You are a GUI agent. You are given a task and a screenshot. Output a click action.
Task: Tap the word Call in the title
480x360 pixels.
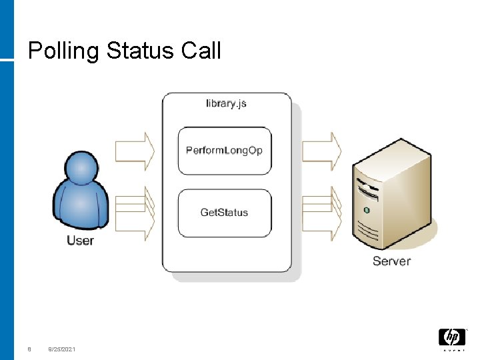tap(200, 51)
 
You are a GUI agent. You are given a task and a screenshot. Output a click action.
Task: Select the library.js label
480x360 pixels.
tap(227, 104)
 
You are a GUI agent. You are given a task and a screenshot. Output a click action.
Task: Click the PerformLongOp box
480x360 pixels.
tap(225, 151)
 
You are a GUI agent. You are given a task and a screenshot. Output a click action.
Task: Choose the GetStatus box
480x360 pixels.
tap(225, 213)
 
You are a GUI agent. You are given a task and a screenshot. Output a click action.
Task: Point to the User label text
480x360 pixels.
tap(81, 241)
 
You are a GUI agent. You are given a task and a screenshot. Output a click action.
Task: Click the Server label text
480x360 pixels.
tap(391, 261)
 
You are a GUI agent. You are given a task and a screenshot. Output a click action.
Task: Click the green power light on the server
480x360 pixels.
tap(366, 209)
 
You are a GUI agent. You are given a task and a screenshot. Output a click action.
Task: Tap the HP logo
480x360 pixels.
tap(452, 338)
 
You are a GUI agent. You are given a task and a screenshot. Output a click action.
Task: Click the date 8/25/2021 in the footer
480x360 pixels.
tap(62, 349)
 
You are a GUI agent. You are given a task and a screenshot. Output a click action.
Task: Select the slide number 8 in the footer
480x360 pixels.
tap(29, 349)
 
